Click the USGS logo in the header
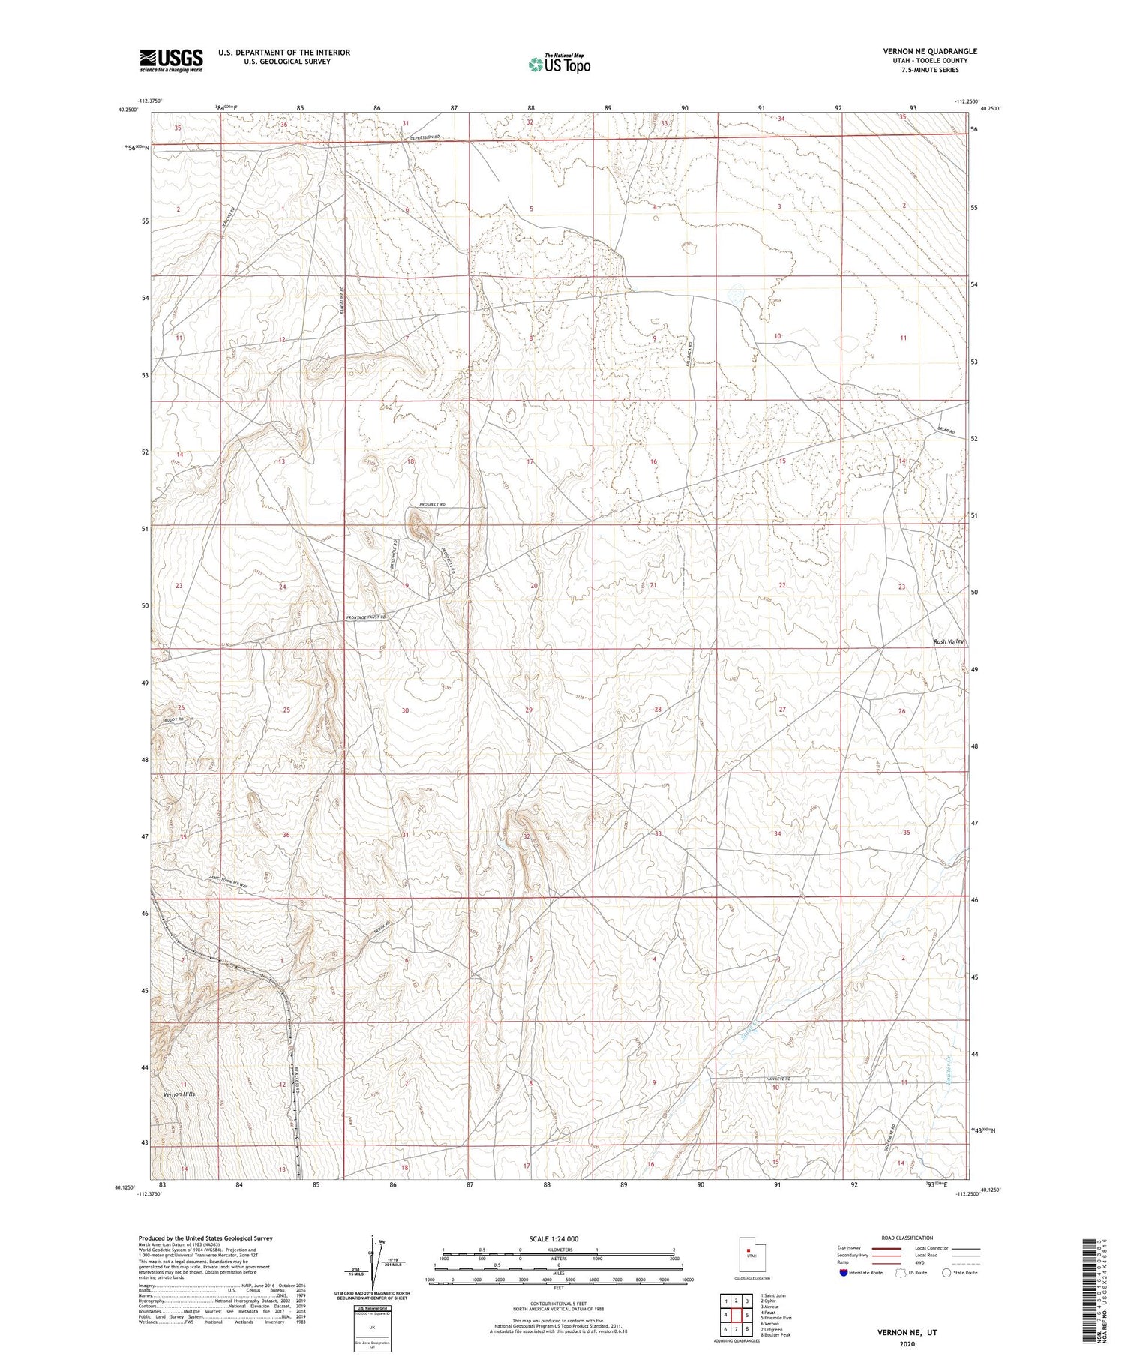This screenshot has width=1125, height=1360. [171, 60]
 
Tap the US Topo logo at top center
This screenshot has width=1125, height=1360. [559, 65]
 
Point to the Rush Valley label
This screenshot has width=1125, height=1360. [948, 641]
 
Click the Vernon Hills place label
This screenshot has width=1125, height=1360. [179, 1094]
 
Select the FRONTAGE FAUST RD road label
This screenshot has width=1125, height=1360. [365, 617]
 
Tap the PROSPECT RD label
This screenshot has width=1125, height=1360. [432, 504]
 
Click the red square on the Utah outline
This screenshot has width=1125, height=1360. [748, 1250]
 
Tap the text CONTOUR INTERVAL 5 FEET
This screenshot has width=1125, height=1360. [559, 1304]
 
